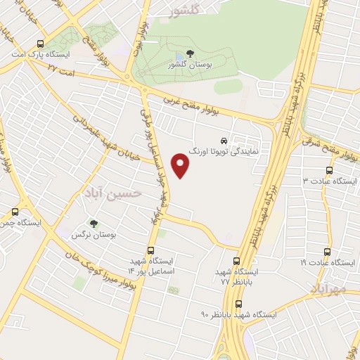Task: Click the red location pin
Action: pos(181,166)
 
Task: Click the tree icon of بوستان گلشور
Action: pos(191,54)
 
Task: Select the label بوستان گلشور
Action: pos(191,66)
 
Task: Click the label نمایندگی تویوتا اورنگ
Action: pos(224,151)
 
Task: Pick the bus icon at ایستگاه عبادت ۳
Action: pos(330,170)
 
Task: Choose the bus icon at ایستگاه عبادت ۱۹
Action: pos(327,251)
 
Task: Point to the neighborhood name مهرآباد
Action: pos(328,289)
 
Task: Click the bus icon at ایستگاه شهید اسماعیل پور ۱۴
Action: pos(150,250)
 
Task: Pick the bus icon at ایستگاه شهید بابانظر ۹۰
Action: pos(238,304)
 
